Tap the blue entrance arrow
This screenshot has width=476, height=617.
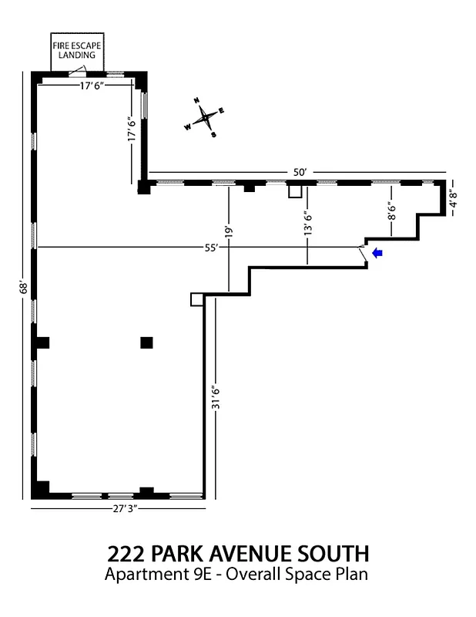point(377,252)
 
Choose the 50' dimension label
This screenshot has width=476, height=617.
point(298,172)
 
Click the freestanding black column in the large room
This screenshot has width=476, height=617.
point(146,342)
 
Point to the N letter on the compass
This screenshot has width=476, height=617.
point(196,101)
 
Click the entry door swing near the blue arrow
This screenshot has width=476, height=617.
point(362,253)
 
